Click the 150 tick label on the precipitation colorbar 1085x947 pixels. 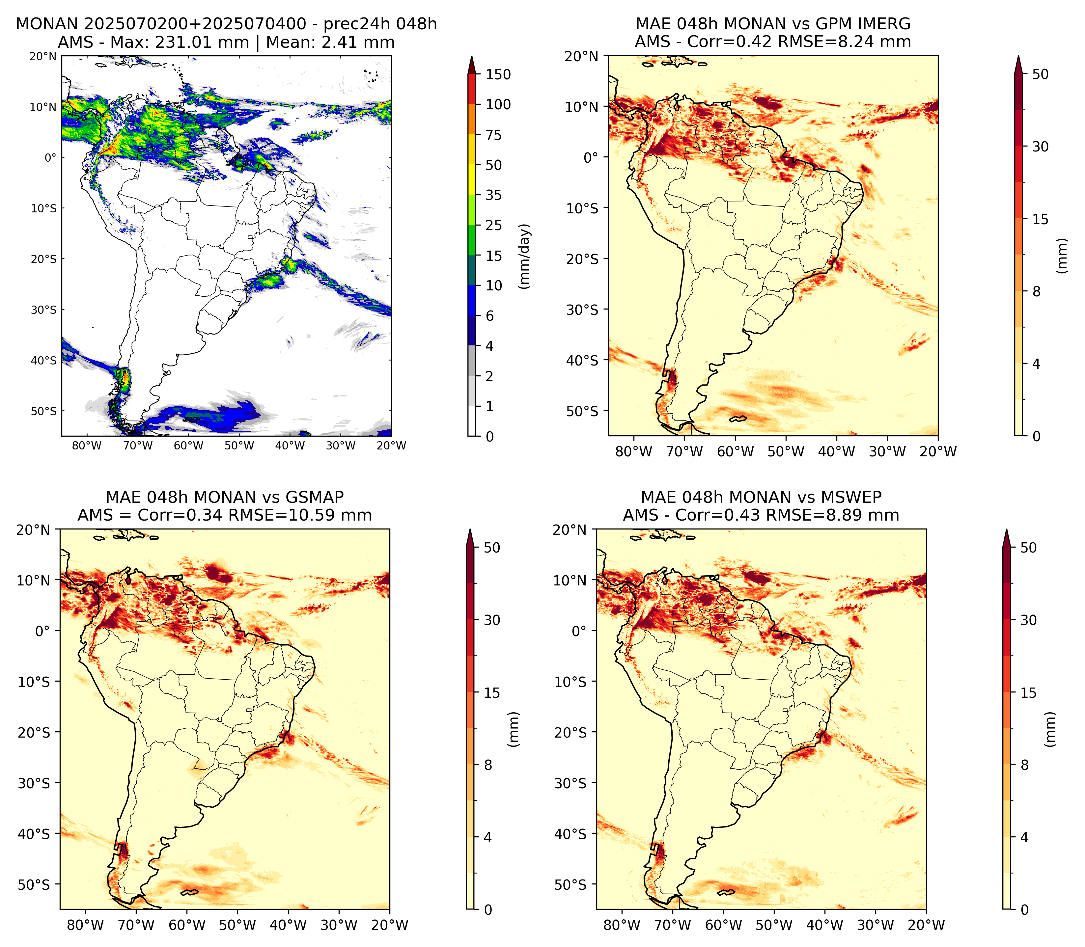click(498, 74)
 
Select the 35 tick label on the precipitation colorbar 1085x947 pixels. click(494, 195)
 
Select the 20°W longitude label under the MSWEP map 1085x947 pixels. click(927, 925)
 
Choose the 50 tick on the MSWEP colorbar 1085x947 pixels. click(1028, 548)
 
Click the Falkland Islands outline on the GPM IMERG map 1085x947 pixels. click(738, 419)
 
